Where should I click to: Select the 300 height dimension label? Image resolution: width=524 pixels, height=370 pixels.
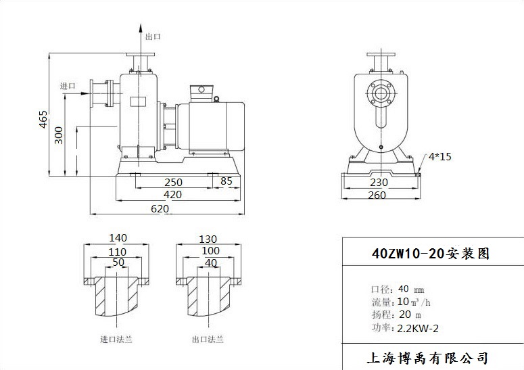coord(59,135)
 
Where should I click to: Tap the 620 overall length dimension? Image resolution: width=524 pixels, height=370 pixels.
coord(160,209)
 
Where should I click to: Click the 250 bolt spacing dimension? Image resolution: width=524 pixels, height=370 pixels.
coord(174,182)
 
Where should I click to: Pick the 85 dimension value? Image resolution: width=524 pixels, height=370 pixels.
coord(226,181)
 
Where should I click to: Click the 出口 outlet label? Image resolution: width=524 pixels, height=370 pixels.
coord(153,37)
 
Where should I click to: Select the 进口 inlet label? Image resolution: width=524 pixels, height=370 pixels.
coord(68,85)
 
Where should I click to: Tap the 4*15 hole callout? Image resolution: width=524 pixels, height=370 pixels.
coord(440,157)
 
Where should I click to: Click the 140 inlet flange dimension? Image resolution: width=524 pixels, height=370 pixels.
coord(118,238)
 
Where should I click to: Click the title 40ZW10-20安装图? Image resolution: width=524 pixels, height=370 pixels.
coord(431,254)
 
